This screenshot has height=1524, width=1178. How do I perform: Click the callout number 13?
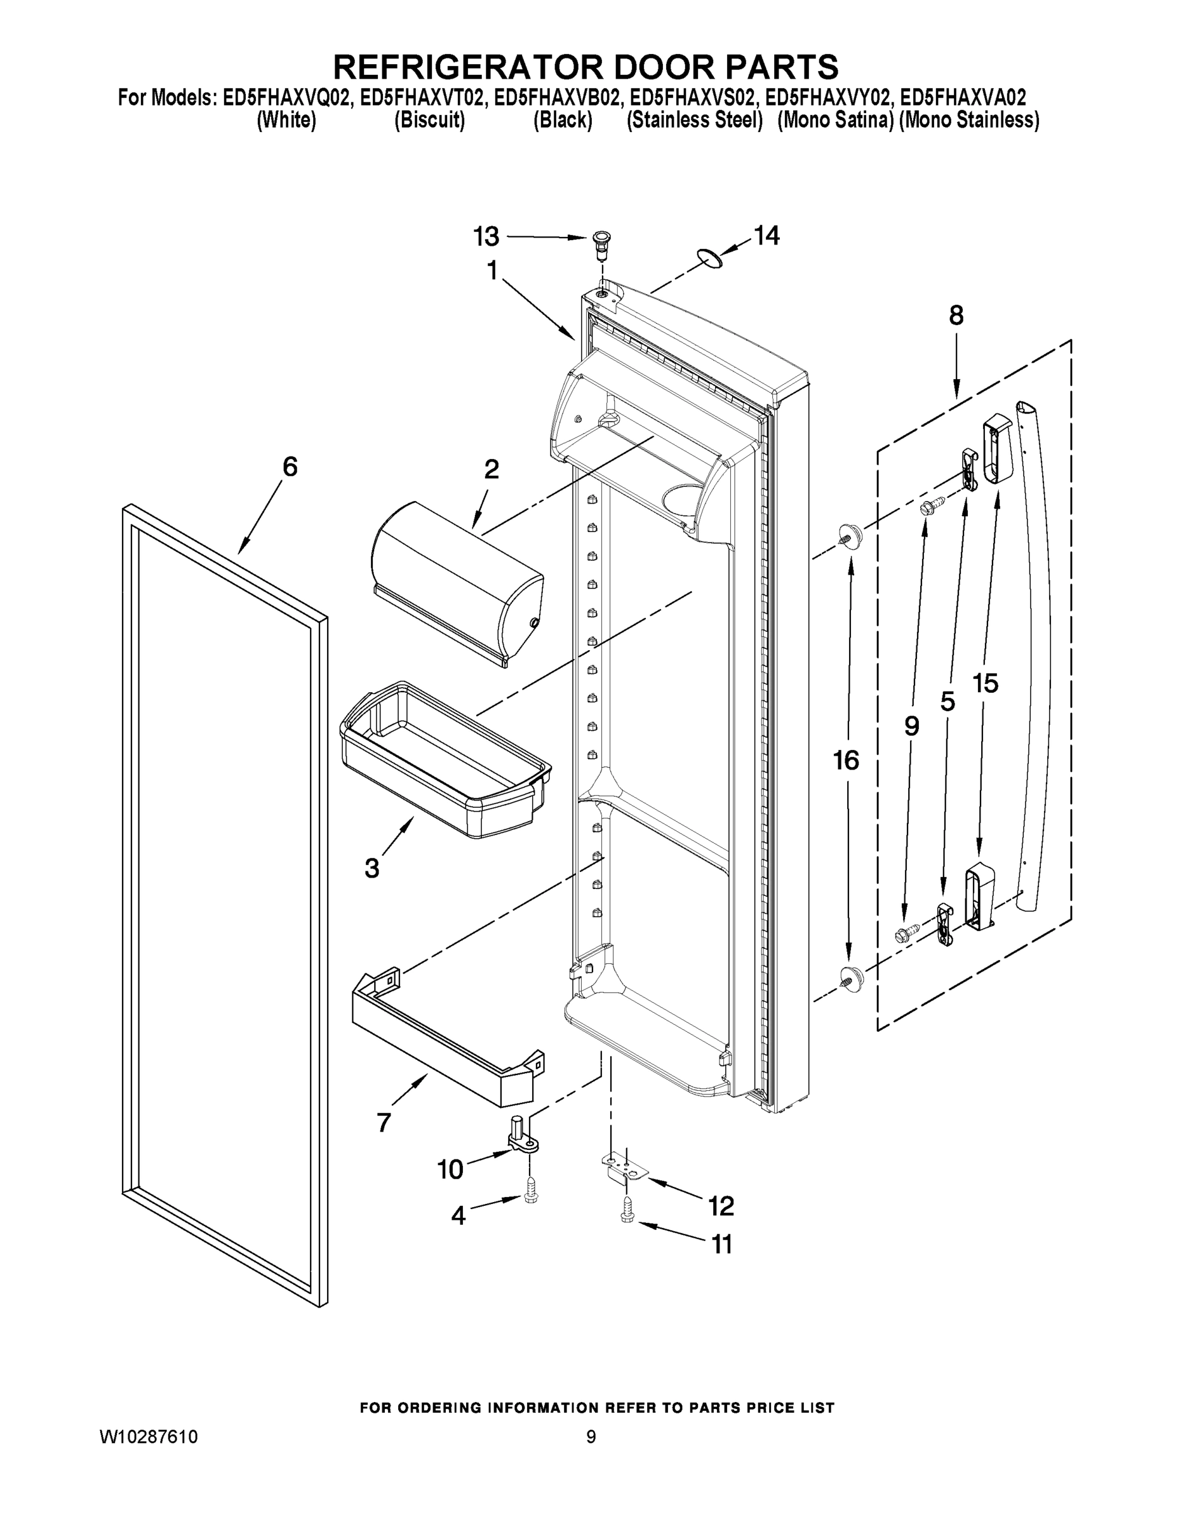pos(486,237)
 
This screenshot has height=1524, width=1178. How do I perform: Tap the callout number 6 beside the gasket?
pos(290,467)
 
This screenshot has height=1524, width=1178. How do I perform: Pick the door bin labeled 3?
pos(444,761)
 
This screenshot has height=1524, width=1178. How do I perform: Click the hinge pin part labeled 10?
pos(523,1140)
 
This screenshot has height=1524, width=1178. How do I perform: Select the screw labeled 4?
pos(531,1204)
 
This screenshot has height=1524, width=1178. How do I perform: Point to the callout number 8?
pos(956,316)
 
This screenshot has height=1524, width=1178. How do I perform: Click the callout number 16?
pos(846,761)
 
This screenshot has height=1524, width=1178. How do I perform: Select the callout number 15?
pos(986,684)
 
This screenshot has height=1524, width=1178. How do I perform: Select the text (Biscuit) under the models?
pos(429,121)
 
